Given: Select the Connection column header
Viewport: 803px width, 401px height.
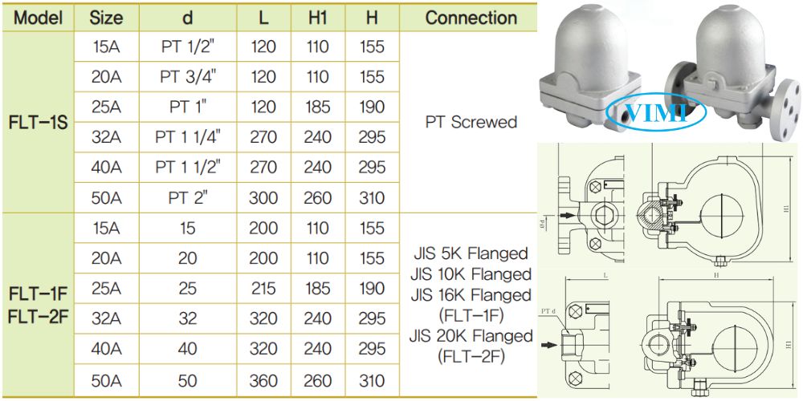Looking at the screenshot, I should pyautogui.click(x=471, y=18).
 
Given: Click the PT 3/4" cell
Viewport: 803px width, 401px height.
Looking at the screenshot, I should pyautogui.click(x=187, y=77).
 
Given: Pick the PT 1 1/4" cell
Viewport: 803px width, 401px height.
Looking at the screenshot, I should pyautogui.click(x=187, y=137).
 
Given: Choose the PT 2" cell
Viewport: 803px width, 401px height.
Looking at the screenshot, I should pyautogui.click(x=187, y=197).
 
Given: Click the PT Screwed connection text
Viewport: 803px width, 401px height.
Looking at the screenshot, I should pyautogui.click(x=471, y=123).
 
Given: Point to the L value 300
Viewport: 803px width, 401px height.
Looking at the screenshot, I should pyautogui.click(x=263, y=197).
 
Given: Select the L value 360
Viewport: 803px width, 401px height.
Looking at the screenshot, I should pyautogui.click(x=263, y=379).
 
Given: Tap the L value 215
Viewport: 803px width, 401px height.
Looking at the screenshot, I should pyautogui.click(x=263, y=289).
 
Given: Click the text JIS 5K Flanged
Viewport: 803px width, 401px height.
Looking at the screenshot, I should pyautogui.click(x=471, y=254).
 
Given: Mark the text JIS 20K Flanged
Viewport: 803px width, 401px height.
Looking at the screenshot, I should pyautogui.click(x=471, y=335).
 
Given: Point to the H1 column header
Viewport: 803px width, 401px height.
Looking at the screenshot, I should pyautogui.click(x=318, y=18).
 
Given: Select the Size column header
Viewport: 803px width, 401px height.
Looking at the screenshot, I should pyautogui.click(x=106, y=18).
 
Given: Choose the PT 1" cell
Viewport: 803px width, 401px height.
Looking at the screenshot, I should pyautogui.click(x=187, y=107).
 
